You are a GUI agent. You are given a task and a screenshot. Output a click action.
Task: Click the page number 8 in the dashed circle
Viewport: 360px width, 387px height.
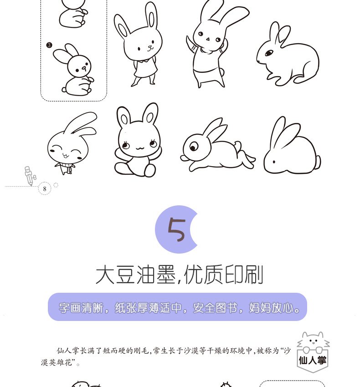(45, 189)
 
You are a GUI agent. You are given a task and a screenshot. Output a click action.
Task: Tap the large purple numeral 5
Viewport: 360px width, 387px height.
(176, 229)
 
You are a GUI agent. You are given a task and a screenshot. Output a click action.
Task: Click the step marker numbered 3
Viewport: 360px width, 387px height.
(49, 45)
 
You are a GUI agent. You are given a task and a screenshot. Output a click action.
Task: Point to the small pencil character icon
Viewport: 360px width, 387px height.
(30, 176)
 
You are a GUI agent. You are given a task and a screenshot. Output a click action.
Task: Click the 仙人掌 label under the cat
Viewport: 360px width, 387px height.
(313, 360)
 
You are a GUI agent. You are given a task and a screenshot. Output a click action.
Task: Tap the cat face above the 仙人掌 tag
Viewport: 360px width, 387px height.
(314, 341)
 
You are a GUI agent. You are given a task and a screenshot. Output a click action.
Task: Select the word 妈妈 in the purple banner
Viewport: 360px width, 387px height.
(260, 308)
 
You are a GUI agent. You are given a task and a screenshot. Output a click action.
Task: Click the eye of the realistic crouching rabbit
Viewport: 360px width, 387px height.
(269, 53)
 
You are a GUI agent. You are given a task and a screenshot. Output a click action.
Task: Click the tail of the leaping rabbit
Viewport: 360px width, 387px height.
(238, 145)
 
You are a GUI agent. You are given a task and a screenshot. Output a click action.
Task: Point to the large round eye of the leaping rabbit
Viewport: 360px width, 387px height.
(194, 147)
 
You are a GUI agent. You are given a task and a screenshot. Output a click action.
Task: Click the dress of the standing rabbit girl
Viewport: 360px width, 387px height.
(145, 68)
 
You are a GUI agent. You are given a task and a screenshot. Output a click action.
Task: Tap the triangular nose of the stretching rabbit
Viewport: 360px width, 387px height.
(208, 39)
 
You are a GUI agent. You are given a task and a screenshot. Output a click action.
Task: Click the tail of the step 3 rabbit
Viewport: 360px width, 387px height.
(64, 90)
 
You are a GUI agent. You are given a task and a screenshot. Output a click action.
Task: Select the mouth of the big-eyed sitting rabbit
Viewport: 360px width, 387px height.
(139, 148)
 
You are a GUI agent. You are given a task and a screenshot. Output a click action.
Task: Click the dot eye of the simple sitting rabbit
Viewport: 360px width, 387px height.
(274, 162)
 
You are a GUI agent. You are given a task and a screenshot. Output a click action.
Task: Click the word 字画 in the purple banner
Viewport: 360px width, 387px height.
(69, 308)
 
